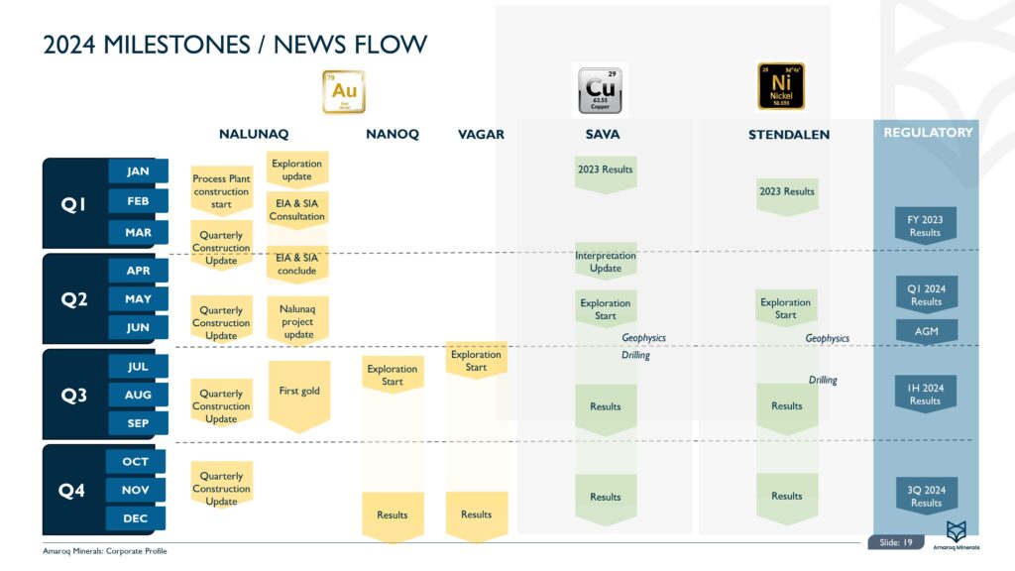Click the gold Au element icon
(344, 91)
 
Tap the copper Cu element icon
(600, 90)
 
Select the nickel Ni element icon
(781, 86)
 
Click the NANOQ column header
(393, 135)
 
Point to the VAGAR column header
(482, 135)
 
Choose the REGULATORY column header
(928, 132)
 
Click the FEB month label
(138, 201)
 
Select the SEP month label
(138, 423)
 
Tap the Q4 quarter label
(72, 490)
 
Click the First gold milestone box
(298, 392)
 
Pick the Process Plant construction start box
(221, 191)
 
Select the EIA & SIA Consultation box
(297, 210)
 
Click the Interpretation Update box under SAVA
(606, 262)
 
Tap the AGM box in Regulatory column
(927, 330)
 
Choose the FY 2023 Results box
(926, 226)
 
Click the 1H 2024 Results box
(926, 395)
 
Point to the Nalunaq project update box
(297, 321)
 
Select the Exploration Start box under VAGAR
(476, 361)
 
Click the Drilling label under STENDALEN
(823, 380)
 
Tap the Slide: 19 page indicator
(896, 542)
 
